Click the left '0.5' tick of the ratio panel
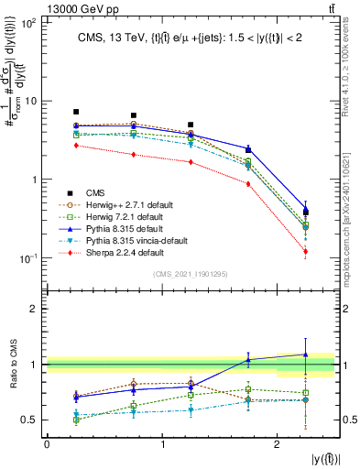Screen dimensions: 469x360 point(32,420)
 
